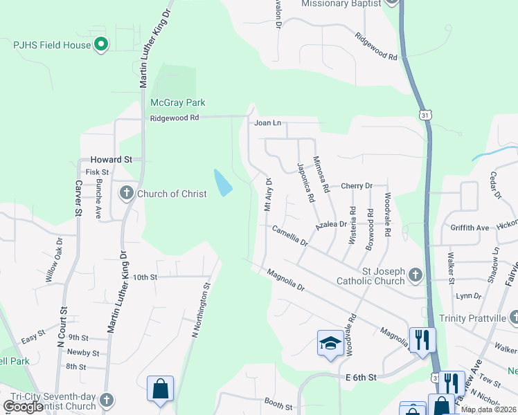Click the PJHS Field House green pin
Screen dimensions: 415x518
[101, 46]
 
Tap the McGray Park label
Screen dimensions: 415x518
[178, 103]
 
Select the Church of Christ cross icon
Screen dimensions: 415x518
[126, 193]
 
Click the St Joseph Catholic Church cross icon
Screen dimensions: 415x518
[415, 275]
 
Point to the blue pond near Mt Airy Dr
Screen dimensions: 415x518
[223, 183]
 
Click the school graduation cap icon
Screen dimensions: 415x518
[330, 343]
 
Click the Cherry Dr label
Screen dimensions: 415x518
[357, 186]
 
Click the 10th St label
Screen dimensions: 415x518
[145, 277]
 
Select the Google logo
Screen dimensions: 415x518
[24, 407]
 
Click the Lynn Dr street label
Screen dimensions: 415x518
[468, 296]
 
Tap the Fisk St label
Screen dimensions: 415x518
[97, 172]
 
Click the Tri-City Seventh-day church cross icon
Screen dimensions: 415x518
[106, 400]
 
